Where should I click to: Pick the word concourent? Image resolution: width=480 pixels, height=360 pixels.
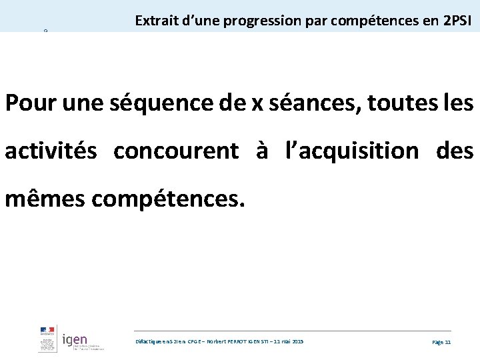176,151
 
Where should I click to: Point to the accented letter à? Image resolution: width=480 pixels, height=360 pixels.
261,151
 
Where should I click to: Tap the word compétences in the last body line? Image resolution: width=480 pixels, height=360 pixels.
170,199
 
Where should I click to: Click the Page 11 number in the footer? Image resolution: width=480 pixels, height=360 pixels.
441,341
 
